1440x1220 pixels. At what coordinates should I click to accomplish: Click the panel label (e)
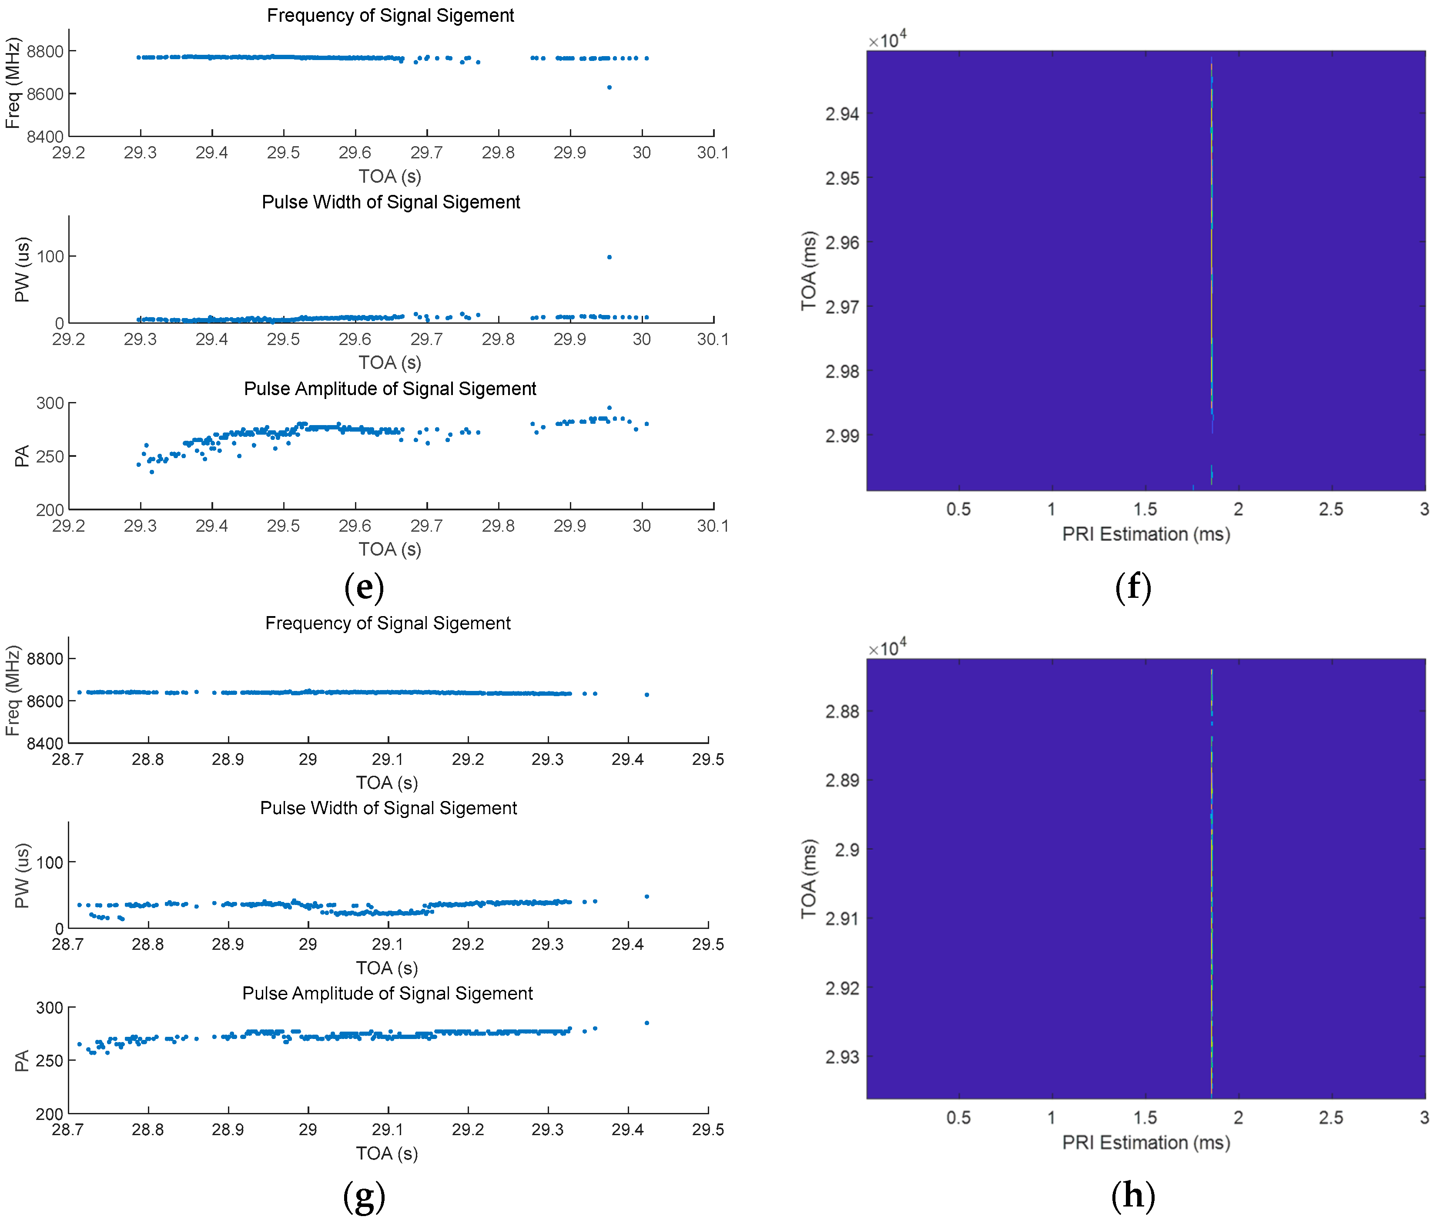click(364, 587)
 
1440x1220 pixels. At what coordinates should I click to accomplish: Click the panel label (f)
click(1132, 587)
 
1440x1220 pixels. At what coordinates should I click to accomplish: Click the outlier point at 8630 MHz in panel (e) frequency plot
click(609, 87)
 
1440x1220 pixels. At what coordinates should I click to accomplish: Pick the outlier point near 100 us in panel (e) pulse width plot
click(609, 257)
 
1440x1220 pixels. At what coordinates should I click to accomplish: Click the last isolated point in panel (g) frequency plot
click(646, 694)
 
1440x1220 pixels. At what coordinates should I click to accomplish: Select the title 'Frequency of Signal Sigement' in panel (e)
click(390, 15)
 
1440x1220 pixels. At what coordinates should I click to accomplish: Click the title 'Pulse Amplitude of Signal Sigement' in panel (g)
click(387, 993)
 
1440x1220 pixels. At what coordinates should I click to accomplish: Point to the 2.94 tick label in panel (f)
click(842, 114)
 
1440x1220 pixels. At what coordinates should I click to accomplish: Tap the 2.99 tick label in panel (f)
click(842, 436)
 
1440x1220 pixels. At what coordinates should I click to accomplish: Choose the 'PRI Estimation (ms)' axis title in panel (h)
click(1146, 1143)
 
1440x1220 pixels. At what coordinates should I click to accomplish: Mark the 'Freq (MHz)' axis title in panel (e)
click(13, 83)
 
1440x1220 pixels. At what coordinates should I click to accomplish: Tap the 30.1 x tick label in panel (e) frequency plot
click(713, 153)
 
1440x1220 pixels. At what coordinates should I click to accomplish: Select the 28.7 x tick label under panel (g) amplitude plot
click(68, 1130)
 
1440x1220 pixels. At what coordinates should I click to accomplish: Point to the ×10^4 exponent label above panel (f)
click(887, 40)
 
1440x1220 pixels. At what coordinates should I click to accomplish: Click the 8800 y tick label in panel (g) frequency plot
click(45, 658)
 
